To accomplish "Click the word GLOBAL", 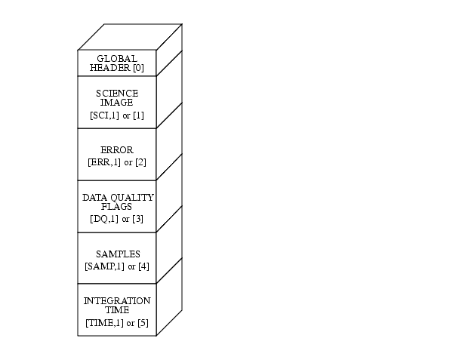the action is pos(117,59).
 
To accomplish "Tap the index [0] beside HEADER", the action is pos(138,68).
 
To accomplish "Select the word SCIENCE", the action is pos(117,94).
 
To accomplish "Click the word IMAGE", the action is pos(117,102).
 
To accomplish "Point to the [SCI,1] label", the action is pos(105,115).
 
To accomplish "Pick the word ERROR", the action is pos(117,150).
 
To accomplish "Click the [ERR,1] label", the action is pos(104,162).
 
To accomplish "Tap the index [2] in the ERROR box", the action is pos(140,162).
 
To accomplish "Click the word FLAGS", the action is pos(117,207).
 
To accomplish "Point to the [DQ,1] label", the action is pos(104,219).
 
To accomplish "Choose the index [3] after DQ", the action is pos(138,219).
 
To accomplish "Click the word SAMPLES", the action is pos(118,254).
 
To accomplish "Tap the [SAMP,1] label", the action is pos(105,266).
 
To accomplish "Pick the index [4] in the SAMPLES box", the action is pos(144,266).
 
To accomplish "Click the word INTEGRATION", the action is pos(117,301).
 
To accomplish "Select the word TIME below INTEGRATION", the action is pos(117,309).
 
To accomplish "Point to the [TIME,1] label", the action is pos(105,323).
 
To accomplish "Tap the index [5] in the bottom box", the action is pos(143,323).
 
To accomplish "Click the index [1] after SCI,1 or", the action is pos(138,115).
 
